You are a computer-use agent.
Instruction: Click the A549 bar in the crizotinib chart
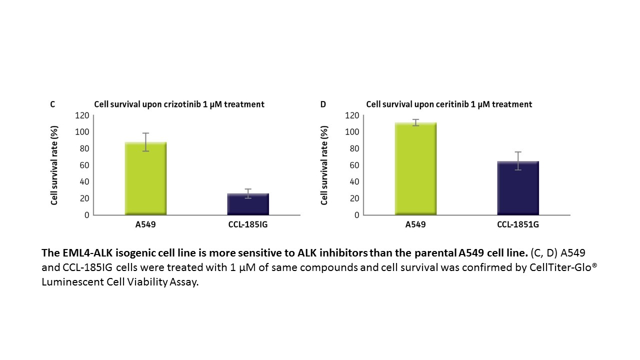pyautogui.click(x=145, y=178)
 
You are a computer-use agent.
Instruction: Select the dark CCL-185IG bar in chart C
pyautogui.click(x=248, y=204)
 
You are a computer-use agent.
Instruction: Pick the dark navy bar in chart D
pyautogui.click(x=518, y=188)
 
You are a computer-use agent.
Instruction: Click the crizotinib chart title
pyautogui.click(x=179, y=104)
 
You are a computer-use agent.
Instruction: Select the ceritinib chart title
pyautogui.click(x=449, y=104)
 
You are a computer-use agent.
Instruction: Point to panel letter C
pyautogui.click(x=52, y=104)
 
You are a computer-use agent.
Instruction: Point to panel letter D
pyautogui.click(x=323, y=104)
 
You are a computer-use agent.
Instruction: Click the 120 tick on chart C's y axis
pyautogui.click(x=82, y=115)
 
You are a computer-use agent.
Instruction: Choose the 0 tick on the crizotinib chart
pyautogui.click(x=86, y=215)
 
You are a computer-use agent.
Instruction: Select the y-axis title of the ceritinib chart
pyautogui.click(x=324, y=165)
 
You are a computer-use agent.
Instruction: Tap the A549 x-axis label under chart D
pyautogui.click(x=415, y=224)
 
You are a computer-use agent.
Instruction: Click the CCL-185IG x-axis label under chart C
pyautogui.click(x=248, y=224)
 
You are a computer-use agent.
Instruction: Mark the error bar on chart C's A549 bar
pyautogui.click(x=145, y=141)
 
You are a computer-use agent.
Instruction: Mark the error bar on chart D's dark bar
pyautogui.click(x=518, y=160)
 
